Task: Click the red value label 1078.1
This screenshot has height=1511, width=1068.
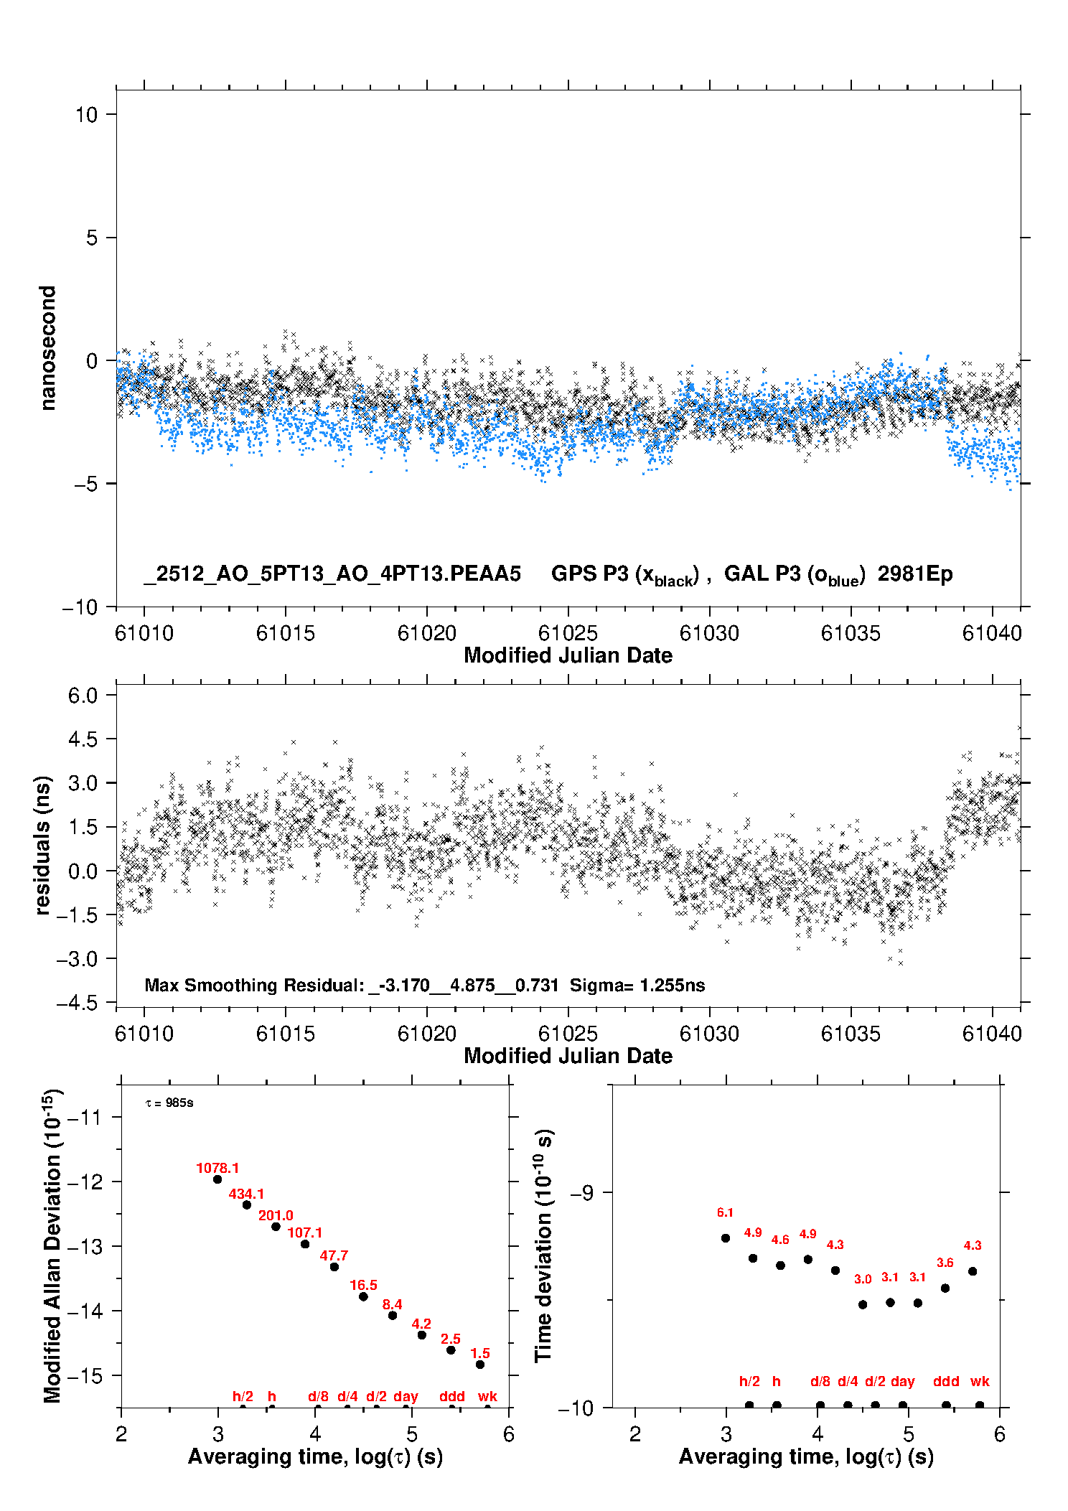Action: (x=217, y=1168)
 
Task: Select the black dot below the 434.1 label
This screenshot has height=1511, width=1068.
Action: (x=247, y=1204)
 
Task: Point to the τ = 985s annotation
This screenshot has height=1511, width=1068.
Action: (x=169, y=1103)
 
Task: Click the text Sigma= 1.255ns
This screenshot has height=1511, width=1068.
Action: (x=637, y=985)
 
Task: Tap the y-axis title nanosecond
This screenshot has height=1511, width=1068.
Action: (x=47, y=348)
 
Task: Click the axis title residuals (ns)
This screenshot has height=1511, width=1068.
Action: (x=43, y=846)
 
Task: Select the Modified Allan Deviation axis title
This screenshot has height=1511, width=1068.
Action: (x=52, y=1245)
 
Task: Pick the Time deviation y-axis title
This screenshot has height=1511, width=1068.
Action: (x=543, y=1245)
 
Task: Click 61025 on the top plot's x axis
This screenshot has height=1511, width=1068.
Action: (x=568, y=633)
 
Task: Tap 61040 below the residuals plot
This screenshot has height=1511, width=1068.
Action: (x=992, y=1034)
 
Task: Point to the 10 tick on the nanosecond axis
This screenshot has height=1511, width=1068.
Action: (x=86, y=115)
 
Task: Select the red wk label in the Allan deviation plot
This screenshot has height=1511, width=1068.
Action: (x=487, y=1396)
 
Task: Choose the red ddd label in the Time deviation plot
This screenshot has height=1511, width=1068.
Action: (x=946, y=1381)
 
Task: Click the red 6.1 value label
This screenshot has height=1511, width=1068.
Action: (x=725, y=1212)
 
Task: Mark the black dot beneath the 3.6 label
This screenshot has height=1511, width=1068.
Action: (x=945, y=1288)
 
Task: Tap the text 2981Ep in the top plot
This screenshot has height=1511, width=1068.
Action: (x=915, y=574)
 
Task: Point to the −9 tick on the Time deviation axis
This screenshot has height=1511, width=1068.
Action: (x=582, y=1192)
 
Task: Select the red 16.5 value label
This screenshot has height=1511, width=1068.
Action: (x=363, y=1285)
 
